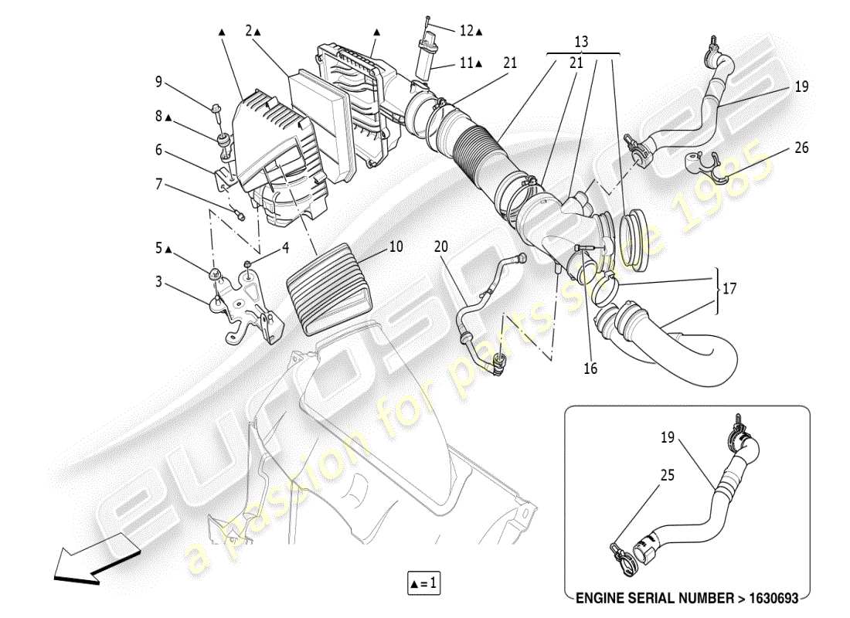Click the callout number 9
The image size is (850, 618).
158,81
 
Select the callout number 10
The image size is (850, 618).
396,247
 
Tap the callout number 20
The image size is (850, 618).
440,247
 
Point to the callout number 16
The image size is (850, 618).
590,368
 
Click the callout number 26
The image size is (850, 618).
801,148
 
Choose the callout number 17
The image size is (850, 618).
729,290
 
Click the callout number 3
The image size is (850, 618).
158,283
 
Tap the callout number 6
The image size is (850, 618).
158,150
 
